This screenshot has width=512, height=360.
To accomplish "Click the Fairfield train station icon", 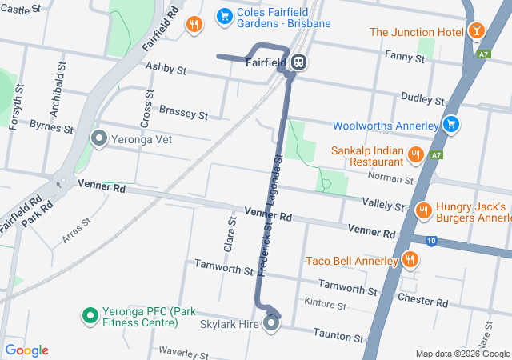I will tap(298, 62).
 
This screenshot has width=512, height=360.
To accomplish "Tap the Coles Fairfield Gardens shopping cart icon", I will tap(225, 15).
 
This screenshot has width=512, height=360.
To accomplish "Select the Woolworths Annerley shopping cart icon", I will tap(452, 125).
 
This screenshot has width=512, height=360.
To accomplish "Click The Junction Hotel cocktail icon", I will tap(477, 31).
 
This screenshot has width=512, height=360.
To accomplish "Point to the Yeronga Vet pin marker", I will tap(99, 138).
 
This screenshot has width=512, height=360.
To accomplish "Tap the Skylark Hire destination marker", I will tap(271, 323).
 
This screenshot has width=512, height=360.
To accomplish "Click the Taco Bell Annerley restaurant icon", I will tap(410, 259).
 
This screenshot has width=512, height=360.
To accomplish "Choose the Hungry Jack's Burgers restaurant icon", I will tap(423, 210).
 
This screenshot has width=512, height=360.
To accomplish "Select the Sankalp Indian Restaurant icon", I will tap(414, 154).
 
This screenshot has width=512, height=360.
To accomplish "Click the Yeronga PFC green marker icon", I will tap(90, 315).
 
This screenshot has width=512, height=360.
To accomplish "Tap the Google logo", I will tap(26, 350).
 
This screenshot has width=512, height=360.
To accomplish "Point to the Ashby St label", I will tap(166, 71).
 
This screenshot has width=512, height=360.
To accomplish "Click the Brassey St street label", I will tap(183, 112).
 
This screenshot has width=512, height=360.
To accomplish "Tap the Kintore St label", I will tap(326, 304).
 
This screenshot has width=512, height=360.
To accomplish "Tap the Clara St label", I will tap(230, 234).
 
